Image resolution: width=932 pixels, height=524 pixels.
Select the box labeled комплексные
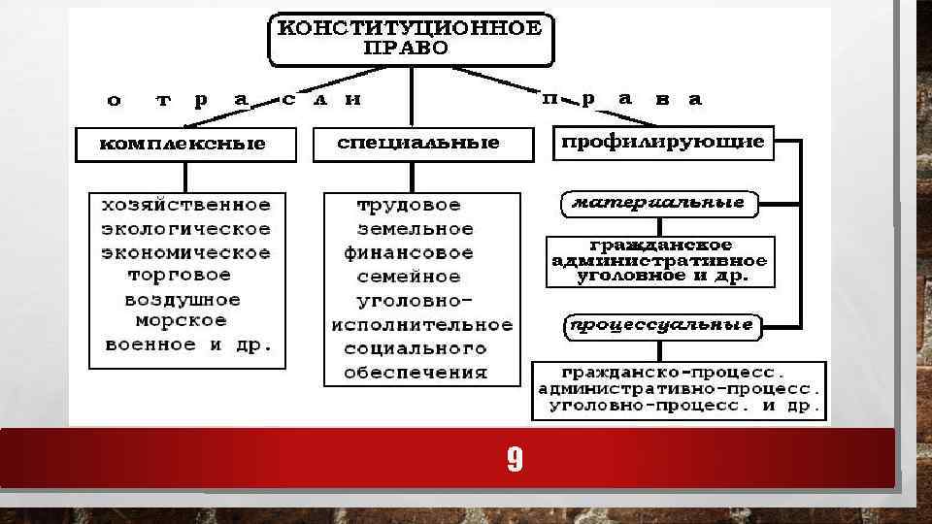pyautogui.click(x=183, y=145)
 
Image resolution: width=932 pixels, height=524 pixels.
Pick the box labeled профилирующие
pyautogui.click(x=663, y=144)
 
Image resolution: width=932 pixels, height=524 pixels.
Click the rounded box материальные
pyautogui.click(x=659, y=204)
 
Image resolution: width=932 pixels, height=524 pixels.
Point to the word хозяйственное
pyautogui.click(x=186, y=206)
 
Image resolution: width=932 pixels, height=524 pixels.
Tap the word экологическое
pyautogui.click(x=186, y=229)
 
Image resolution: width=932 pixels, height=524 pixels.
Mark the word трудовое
pyautogui.click(x=409, y=206)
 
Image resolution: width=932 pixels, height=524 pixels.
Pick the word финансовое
pyautogui.click(x=409, y=253)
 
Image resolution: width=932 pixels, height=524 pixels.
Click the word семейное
pyautogui.click(x=409, y=277)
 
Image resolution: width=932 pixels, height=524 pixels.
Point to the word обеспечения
pyautogui.click(x=415, y=373)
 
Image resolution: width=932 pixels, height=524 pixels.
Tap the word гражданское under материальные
pyautogui.click(x=660, y=246)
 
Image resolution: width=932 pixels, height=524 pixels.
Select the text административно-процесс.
pyautogui.click(x=679, y=388)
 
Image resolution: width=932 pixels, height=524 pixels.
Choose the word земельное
pyautogui.click(x=415, y=230)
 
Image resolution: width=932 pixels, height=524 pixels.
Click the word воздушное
pyautogui.click(x=183, y=299)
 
